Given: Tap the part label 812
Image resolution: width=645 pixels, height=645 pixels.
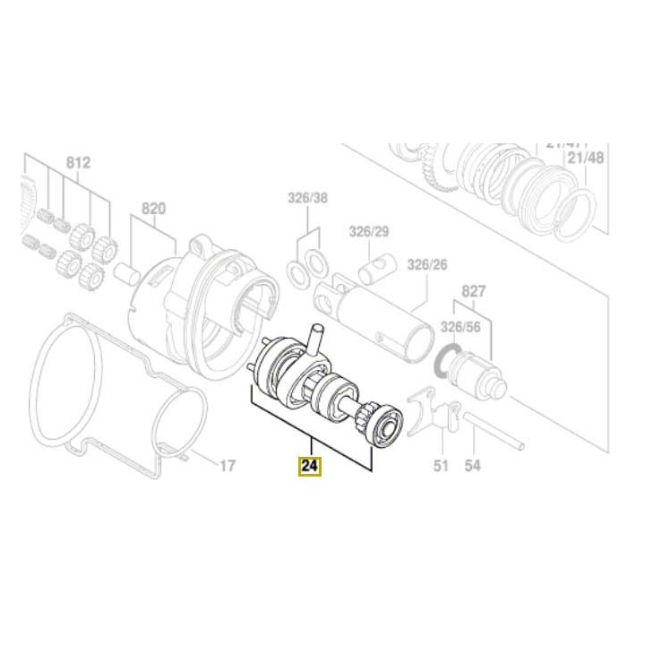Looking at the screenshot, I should (78, 163).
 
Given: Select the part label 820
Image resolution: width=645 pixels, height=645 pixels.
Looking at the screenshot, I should (153, 209).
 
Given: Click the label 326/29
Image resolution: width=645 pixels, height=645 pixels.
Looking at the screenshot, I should (370, 232).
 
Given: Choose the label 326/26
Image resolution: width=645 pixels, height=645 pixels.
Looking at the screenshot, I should (426, 265).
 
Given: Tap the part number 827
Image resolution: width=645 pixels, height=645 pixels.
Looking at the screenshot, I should (473, 292).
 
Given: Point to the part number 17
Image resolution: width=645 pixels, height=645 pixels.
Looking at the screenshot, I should (228, 466).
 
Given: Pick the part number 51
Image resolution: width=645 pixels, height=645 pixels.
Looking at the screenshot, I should (441, 466).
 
